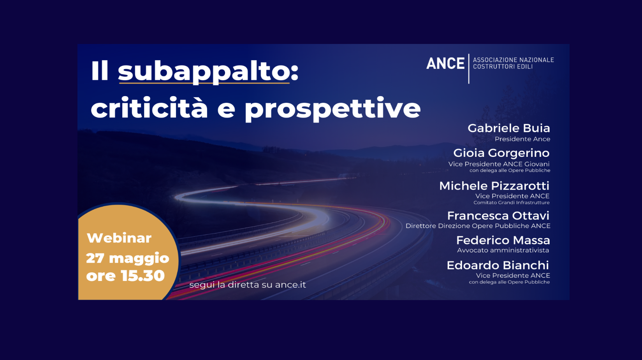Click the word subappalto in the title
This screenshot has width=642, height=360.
pos(204,72)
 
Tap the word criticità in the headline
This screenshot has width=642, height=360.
pos(149,107)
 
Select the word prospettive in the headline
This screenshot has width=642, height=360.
pos(332,109)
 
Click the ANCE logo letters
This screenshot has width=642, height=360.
pos(445,63)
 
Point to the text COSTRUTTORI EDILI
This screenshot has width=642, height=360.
pos(503,67)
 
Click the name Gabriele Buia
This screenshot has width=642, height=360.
pos(509,128)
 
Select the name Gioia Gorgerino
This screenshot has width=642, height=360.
pos(501,153)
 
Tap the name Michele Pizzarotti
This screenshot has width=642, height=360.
pos(494,186)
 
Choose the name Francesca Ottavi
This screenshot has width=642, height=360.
pos(498,216)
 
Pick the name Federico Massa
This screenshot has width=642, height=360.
pos(503,240)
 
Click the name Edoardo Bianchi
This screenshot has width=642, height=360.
pos(498,265)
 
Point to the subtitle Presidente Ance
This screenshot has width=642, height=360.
pos(522,139)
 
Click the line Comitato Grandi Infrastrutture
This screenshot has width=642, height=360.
pos(511,202)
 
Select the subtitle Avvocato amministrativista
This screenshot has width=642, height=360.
pos(503,250)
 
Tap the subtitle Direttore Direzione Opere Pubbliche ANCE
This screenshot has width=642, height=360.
pos(478,226)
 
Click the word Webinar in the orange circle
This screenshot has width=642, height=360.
pos(119,238)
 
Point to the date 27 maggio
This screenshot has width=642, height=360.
pos(128,258)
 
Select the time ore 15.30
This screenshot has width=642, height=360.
pos(125,276)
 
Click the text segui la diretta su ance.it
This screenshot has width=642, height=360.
pos(248,284)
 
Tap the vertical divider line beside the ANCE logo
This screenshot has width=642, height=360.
pos(469,69)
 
